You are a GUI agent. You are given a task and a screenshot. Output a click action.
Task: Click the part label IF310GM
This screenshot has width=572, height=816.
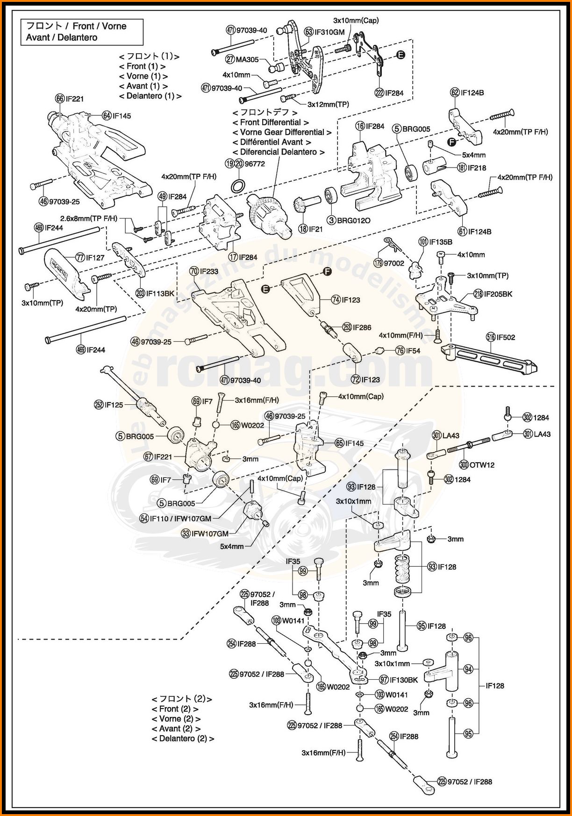[329, 32]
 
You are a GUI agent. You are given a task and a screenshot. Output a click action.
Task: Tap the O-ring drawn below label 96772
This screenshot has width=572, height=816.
[238, 186]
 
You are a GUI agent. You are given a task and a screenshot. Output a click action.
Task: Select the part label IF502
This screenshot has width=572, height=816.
[506, 337]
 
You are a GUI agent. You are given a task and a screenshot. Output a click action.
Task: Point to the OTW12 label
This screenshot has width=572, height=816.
[482, 465]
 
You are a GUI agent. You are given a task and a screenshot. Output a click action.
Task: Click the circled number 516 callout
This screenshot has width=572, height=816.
[491, 337]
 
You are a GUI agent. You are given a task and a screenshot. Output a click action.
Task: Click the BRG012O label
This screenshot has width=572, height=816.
[354, 220]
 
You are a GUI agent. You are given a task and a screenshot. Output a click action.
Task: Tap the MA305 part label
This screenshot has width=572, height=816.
[247, 59]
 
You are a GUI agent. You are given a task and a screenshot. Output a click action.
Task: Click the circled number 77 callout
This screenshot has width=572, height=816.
[80, 257]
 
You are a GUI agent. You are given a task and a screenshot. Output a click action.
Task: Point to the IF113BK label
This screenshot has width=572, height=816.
[160, 294]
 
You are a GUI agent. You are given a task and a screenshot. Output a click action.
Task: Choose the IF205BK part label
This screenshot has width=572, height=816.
[498, 294]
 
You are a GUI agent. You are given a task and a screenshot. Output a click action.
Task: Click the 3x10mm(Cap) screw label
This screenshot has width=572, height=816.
[356, 21]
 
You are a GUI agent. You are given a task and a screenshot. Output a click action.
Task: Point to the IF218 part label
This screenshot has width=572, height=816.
[477, 168]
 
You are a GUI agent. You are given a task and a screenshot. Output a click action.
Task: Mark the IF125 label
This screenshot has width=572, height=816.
[114, 405]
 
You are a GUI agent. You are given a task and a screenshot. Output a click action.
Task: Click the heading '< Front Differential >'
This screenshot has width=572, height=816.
[271, 122]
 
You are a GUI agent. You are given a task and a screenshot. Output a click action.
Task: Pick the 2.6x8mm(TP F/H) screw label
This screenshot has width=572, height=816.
[89, 218]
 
